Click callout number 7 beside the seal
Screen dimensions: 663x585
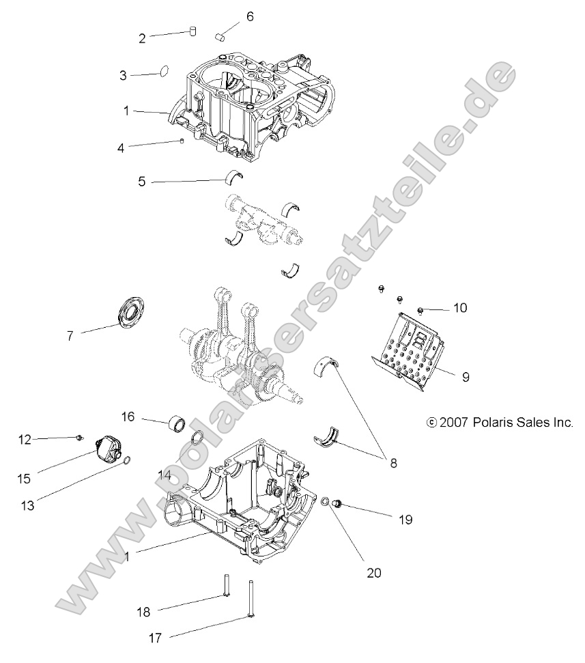[69, 335]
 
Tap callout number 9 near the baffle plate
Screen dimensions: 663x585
[466, 376]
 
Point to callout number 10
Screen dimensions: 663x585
[459, 308]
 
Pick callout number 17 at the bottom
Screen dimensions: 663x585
[155, 638]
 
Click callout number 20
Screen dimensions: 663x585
[373, 573]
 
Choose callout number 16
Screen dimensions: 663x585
[128, 416]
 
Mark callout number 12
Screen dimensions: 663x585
[25, 440]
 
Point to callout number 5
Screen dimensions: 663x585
[142, 182]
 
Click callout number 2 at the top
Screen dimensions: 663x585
[142, 39]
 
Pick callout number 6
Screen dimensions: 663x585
[250, 16]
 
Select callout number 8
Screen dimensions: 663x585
[393, 462]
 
